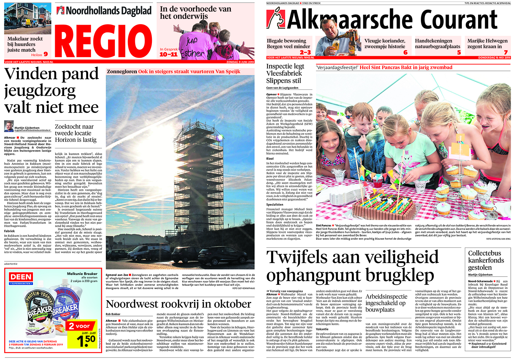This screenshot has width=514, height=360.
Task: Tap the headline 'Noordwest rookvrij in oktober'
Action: pos(178,304)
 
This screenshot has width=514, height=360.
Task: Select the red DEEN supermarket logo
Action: pos(21,278)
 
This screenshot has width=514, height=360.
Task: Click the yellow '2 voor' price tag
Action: pos(80,326)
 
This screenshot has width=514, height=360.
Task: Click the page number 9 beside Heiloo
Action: pos(46,54)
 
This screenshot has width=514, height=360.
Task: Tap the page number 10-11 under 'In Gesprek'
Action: pos(169,54)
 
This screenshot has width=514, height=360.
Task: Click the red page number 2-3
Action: pos(305,53)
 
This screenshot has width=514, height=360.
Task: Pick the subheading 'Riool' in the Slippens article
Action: pos(270,159)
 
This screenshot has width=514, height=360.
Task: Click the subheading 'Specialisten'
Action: pos(275,205)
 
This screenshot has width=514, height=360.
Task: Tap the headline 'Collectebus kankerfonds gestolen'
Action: pos(486,260)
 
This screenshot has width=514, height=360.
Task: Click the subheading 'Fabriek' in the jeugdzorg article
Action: pos(9,231)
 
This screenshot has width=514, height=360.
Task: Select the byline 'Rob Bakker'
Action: pos(113,314)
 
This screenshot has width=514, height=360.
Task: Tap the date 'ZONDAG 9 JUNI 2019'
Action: pos(240,62)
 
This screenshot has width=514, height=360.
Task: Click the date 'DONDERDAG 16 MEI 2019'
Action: pos(494,58)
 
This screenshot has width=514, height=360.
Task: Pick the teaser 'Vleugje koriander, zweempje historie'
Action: pos(385,44)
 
